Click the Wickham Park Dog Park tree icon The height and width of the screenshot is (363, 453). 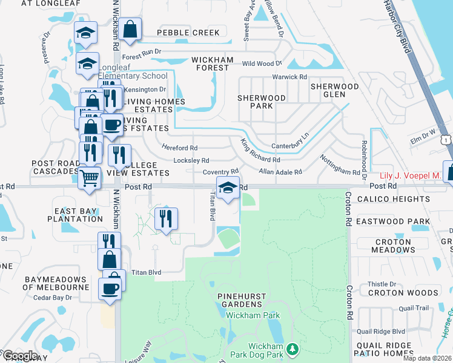point(293,349)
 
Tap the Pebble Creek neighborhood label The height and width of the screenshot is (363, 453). point(188,33)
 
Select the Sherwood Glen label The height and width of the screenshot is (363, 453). point(335,91)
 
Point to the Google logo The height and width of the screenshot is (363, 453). point(19,356)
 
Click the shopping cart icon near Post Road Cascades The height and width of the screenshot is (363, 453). point(89,178)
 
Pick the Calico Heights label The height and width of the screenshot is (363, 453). point(393,199)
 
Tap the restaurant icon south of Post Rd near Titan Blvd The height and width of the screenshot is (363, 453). point(165,218)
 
